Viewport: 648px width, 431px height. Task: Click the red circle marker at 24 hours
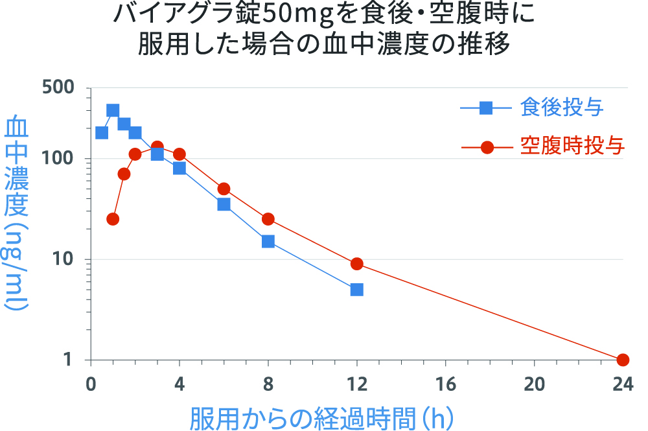click(623, 360)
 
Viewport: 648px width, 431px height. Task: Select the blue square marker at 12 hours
click(356, 290)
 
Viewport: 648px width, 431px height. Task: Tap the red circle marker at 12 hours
click(356, 264)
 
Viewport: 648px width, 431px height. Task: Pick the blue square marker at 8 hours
click(268, 242)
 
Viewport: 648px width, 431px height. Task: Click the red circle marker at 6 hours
click(224, 189)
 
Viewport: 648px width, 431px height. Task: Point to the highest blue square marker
click(113, 111)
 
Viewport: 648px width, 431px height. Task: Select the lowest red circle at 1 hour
click(113, 219)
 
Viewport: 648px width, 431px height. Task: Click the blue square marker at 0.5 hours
click(102, 133)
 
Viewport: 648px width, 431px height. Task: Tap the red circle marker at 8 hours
click(268, 219)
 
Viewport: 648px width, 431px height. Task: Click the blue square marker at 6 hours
click(224, 204)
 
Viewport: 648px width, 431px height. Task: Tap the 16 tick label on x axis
click(445, 384)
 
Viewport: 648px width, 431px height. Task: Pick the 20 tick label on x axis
click(534, 384)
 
